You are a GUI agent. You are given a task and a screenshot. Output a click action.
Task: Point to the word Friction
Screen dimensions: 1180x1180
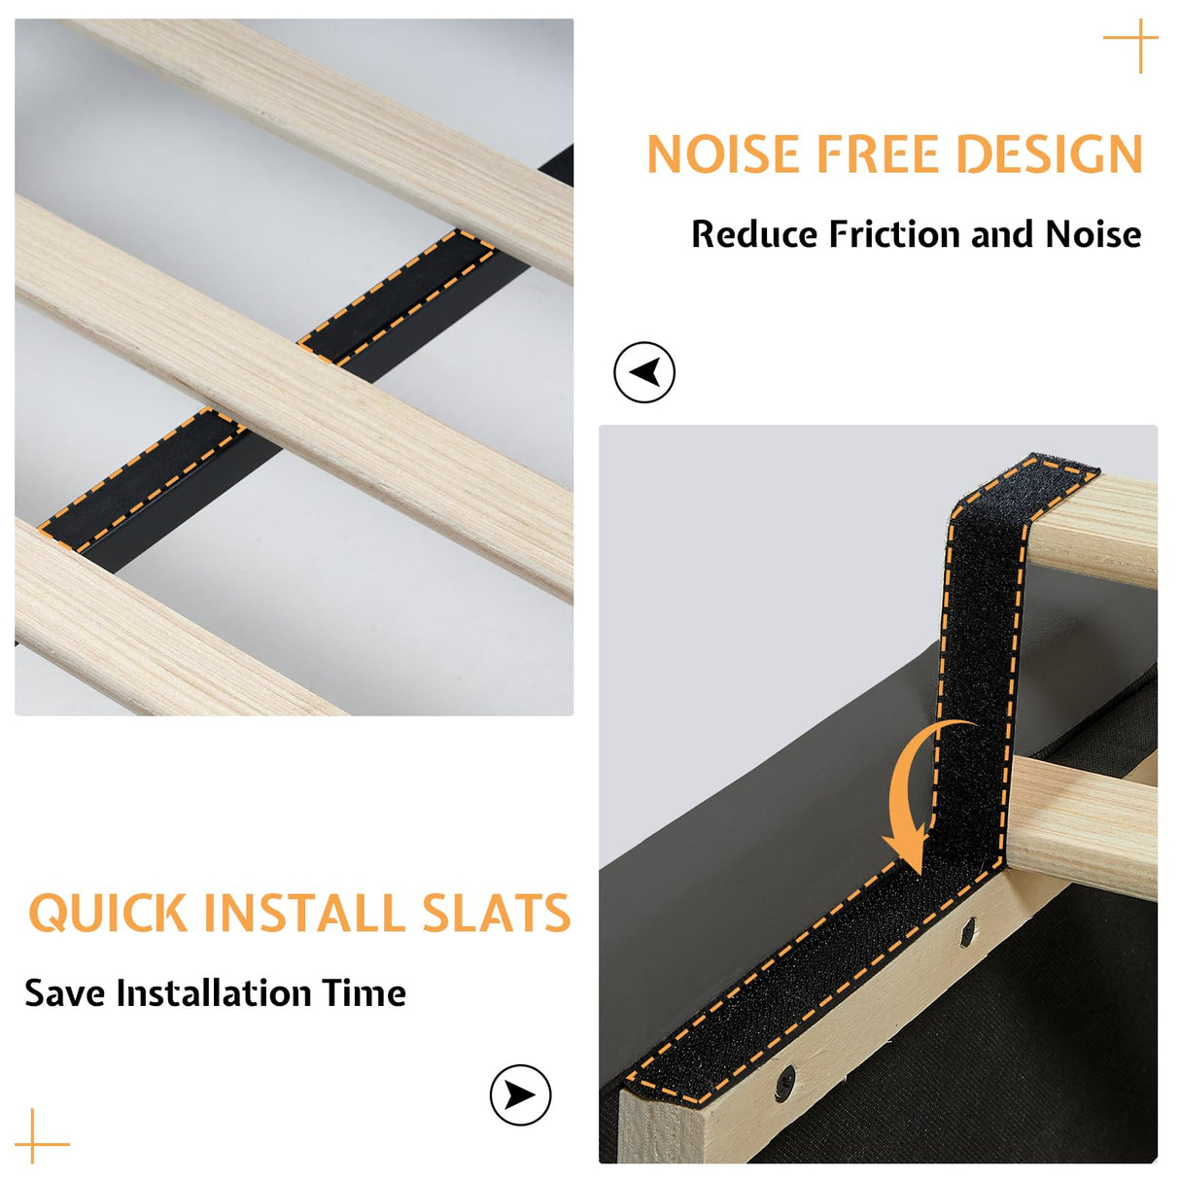tap(895, 234)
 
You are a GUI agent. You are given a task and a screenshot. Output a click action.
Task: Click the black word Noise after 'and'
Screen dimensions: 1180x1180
tap(1093, 234)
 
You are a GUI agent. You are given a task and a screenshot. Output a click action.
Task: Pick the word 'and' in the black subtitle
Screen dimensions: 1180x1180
tap(1003, 234)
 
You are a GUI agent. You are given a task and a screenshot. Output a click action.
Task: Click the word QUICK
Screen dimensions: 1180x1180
tap(108, 914)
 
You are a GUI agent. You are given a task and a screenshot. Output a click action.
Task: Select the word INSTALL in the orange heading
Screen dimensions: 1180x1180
tap(304, 913)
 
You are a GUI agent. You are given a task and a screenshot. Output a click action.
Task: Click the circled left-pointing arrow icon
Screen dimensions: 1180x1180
tap(644, 372)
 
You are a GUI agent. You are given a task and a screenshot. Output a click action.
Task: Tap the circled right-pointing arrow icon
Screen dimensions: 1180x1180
tap(520, 1094)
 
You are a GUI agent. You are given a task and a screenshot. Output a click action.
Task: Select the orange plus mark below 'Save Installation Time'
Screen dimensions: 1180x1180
tap(33, 1144)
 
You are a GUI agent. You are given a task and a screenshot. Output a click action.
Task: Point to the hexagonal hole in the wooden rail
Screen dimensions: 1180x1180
tap(967, 932)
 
